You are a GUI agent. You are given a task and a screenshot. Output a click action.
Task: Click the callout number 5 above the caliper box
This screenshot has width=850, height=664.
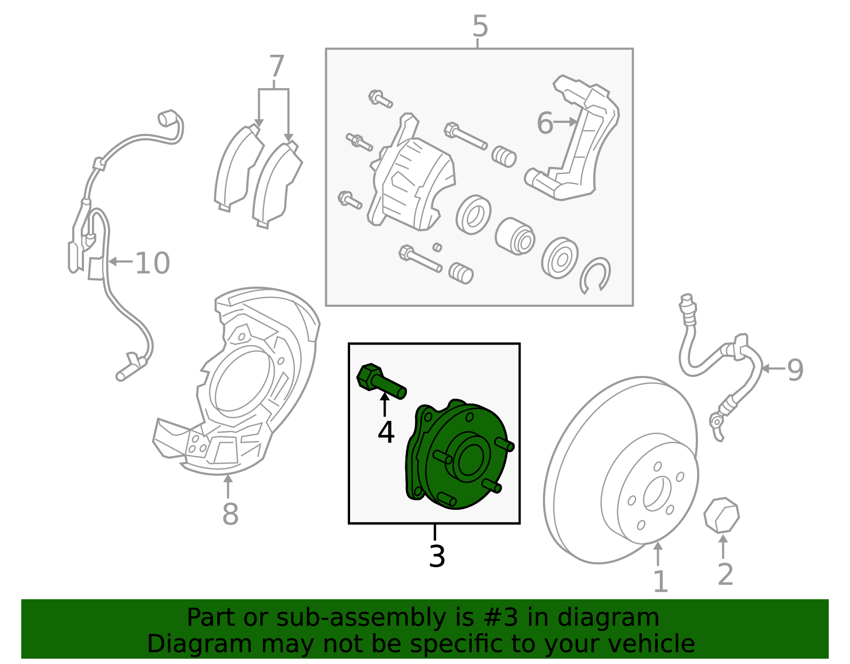[x=480, y=27]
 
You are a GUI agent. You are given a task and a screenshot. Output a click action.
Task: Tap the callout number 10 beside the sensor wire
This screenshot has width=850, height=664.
[x=152, y=263]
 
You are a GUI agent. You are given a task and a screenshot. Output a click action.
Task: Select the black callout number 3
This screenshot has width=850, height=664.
[x=437, y=557]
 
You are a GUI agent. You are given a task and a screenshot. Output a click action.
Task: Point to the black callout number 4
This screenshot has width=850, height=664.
[x=386, y=432]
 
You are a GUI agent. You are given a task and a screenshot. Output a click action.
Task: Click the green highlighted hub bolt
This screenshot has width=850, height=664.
[x=380, y=381]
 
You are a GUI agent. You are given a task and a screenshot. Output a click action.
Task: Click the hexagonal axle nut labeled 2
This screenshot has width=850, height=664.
[x=721, y=515]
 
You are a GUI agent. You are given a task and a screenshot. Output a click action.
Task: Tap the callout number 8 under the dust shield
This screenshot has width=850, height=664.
[x=229, y=514]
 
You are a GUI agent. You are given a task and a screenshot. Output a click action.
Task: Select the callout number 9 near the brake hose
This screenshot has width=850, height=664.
[x=795, y=369]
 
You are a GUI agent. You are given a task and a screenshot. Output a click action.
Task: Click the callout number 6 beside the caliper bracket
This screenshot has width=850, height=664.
[x=545, y=123]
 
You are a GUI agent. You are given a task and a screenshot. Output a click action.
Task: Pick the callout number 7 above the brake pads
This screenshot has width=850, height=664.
[x=276, y=68]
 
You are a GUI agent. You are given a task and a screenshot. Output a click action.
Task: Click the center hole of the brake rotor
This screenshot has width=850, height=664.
[x=653, y=494]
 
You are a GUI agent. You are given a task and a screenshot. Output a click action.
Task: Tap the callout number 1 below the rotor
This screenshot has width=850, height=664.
[x=659, y=582]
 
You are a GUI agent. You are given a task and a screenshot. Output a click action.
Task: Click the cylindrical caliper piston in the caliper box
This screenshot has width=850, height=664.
[x=514, y=236]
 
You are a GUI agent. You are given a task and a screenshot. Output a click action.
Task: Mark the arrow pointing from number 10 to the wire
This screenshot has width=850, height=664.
[x=121, y=261]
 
